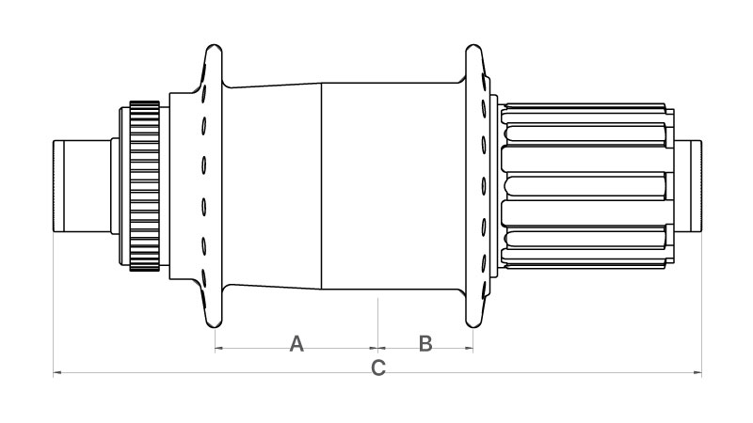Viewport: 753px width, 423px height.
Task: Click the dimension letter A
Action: tap(296, 344)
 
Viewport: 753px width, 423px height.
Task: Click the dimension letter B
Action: tap(425, 344)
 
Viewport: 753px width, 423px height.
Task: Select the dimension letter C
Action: tap(378, 368)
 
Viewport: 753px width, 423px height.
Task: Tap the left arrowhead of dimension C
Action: tap(56, 372)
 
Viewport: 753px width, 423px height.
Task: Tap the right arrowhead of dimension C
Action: tap(697, 372)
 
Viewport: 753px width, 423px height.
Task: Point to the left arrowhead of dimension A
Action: tap(218, 348)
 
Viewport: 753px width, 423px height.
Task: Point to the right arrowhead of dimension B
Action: tap(469, 348)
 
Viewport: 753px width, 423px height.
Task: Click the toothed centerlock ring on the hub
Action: tap(144, 186)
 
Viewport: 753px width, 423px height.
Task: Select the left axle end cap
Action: tap(82, 186)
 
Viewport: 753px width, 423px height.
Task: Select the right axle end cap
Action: tap(688, 186)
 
